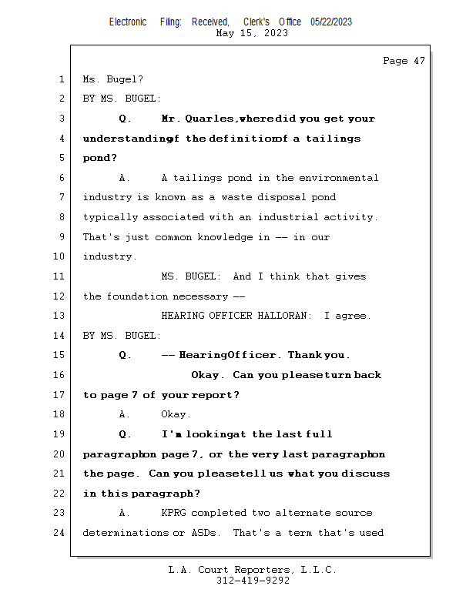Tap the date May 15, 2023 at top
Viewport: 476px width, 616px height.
tap(253, 33)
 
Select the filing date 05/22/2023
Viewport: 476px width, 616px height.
tap(331, 22)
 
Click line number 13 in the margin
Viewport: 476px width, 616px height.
tap(61, 316)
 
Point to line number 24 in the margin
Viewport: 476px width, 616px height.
tap(61, 533)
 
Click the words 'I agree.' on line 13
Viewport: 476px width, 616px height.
tap(347, 316)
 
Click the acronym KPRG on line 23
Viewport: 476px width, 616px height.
tap(173, 513)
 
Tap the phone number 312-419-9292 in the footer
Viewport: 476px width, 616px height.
tap(253, 581)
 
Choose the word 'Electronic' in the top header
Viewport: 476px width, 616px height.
tap(128, 22)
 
